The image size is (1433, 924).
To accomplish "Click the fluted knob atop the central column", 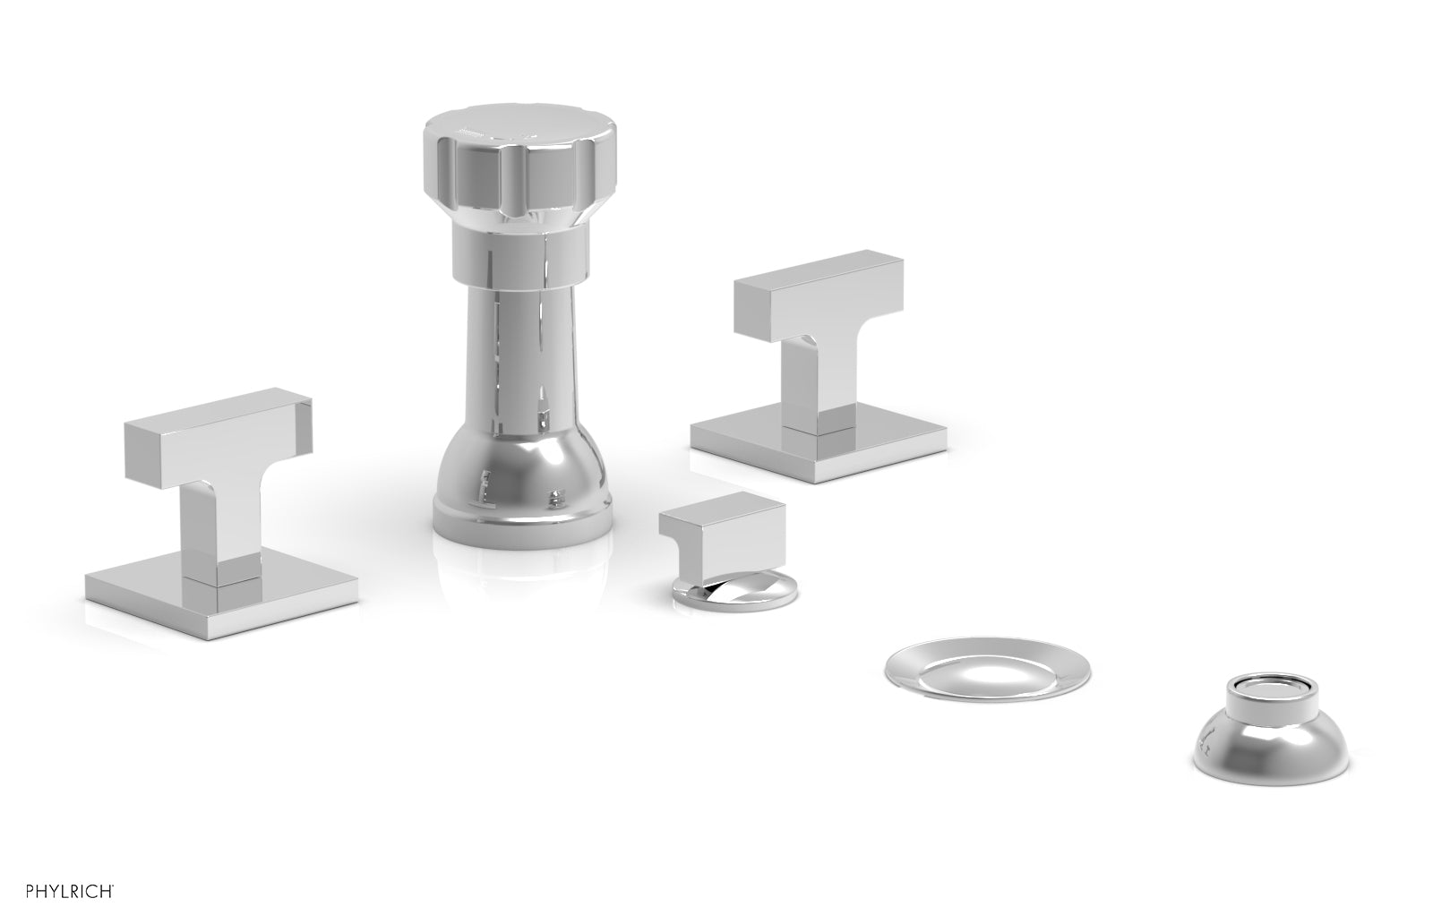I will [506, 166].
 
